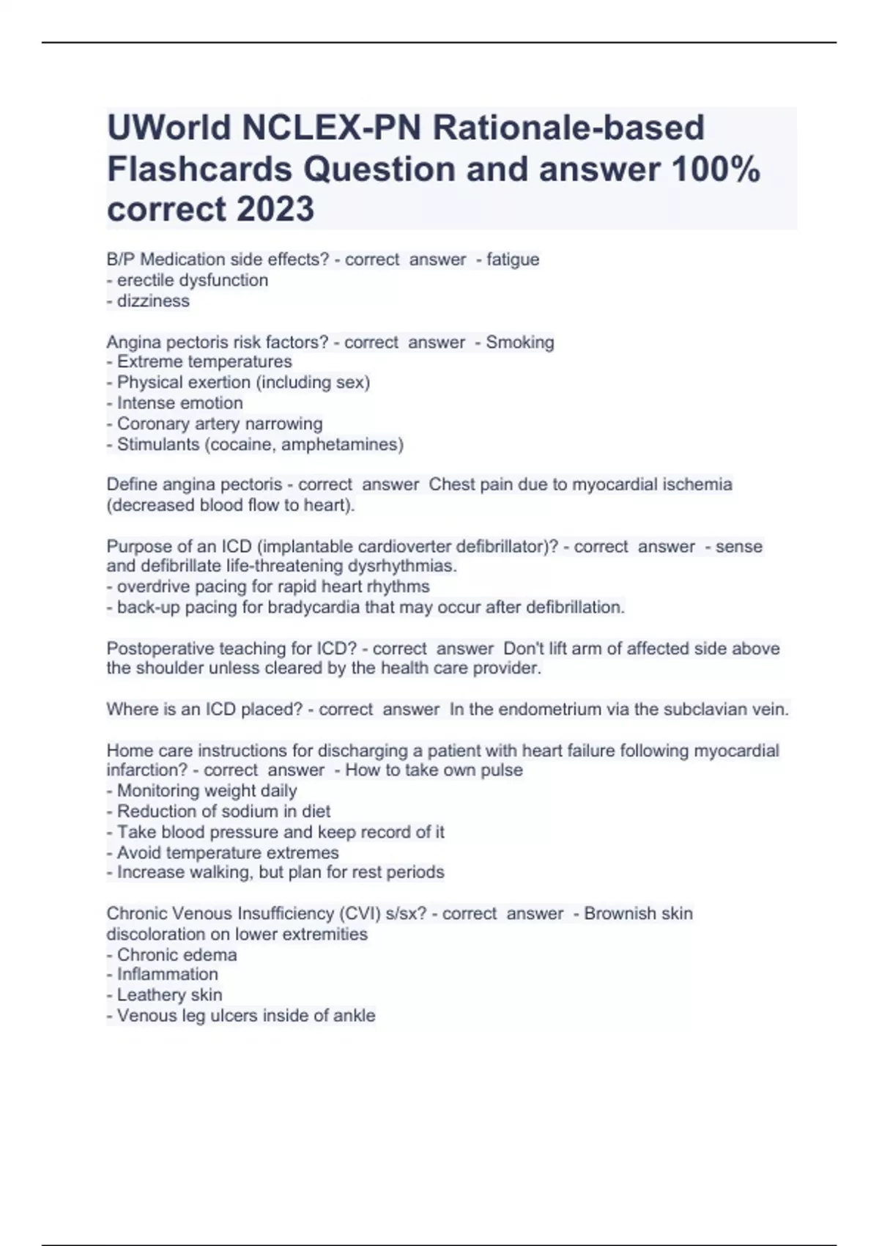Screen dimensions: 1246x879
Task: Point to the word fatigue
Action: click(513, 259)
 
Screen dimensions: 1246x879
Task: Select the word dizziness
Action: click(153, 301)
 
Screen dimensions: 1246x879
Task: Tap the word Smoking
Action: click(520, 342)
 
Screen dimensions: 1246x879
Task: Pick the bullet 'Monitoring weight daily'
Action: click(207, 791)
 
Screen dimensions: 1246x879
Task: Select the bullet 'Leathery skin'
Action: click(169, 995)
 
